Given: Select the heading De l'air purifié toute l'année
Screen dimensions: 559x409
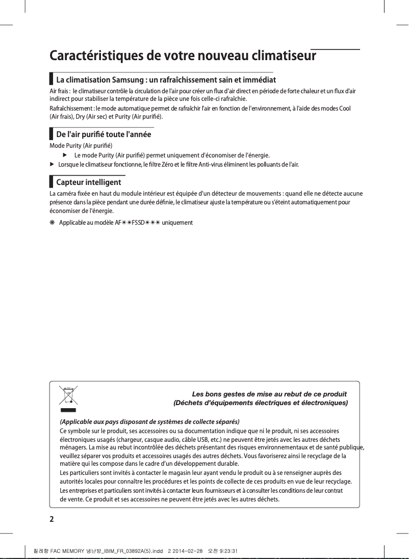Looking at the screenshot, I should point(103,135).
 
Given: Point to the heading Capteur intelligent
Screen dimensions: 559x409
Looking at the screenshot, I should point(88,182).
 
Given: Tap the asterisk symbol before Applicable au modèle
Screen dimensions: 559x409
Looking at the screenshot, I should point(52,223).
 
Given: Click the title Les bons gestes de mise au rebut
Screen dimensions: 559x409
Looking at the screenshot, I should point(269,394).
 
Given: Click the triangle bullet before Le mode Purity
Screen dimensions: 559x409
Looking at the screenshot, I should point(65,155).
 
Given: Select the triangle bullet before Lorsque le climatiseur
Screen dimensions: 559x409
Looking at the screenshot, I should point(52,165).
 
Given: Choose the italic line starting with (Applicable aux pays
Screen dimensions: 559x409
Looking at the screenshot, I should point(149,422).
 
